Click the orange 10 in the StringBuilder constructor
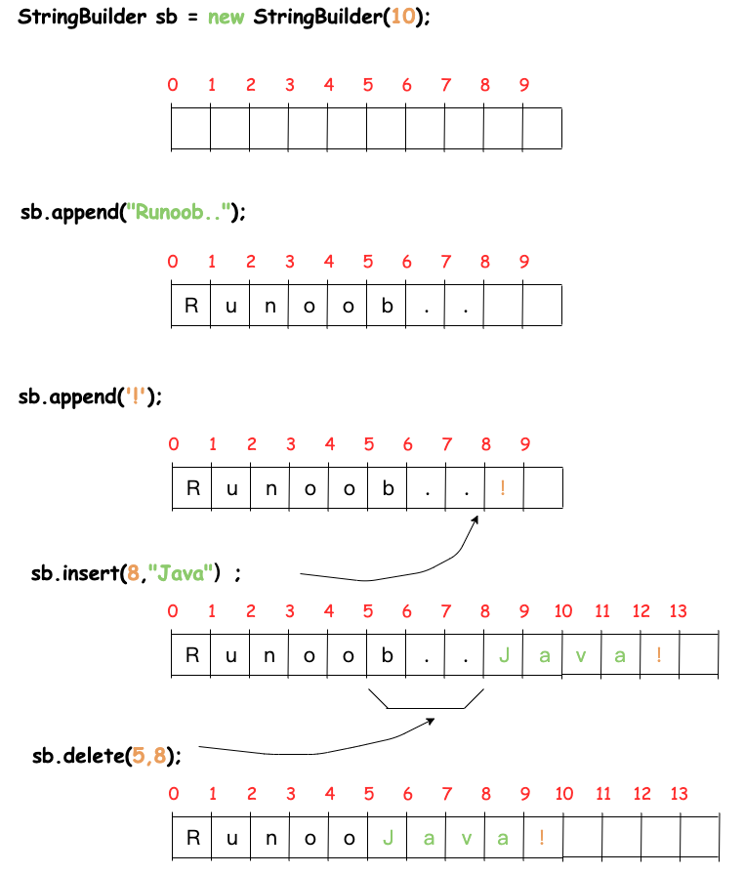(403, 17)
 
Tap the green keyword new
(226, 18)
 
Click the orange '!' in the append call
(136, 396)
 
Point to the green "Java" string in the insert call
(181, 573)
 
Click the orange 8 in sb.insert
(133, 573)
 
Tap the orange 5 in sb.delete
(138, 756)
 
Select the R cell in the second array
(191, 306)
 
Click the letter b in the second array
(388, 305)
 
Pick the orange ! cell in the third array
(503, 487)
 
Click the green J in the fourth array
(504, 655)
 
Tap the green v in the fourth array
(581, 656)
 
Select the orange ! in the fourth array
(659, 654)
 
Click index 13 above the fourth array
(679, 611)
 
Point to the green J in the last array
(389, 838)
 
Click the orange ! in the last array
(542, 837)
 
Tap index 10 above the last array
(564, 794)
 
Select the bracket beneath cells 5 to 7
(426, 708)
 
